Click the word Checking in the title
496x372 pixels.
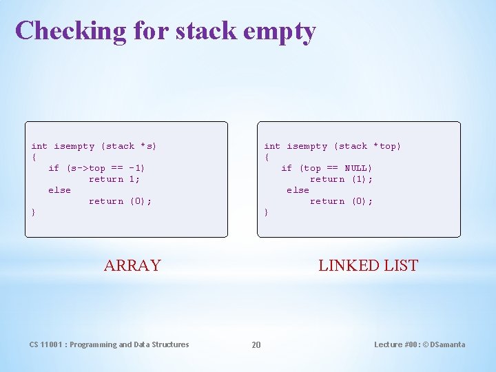point(70,31)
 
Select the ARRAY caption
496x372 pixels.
point(132,265)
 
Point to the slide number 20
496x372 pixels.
point(256,344)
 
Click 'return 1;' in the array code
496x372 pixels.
point(114,179)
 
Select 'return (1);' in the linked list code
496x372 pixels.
point(342,179)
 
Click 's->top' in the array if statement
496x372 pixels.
point(88,168)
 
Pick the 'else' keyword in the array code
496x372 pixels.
point(59,190)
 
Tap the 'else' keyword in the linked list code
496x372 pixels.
point(298,190)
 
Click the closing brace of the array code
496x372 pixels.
point(34,212)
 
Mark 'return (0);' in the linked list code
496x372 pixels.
point(342,201)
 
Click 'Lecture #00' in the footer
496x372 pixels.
point(397,344)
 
